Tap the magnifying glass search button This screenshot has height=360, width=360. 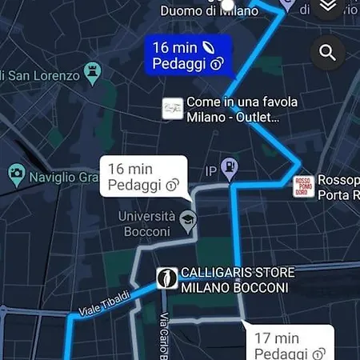[326, 53]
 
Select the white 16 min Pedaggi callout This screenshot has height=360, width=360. [142, 177]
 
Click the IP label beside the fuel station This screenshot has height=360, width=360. [211, 171]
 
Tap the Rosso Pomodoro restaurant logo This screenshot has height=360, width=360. [303, 186]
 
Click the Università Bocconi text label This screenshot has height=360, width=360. [146, 224]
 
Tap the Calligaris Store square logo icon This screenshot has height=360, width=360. [166, 278]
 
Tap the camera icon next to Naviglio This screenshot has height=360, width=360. [16, 173]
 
